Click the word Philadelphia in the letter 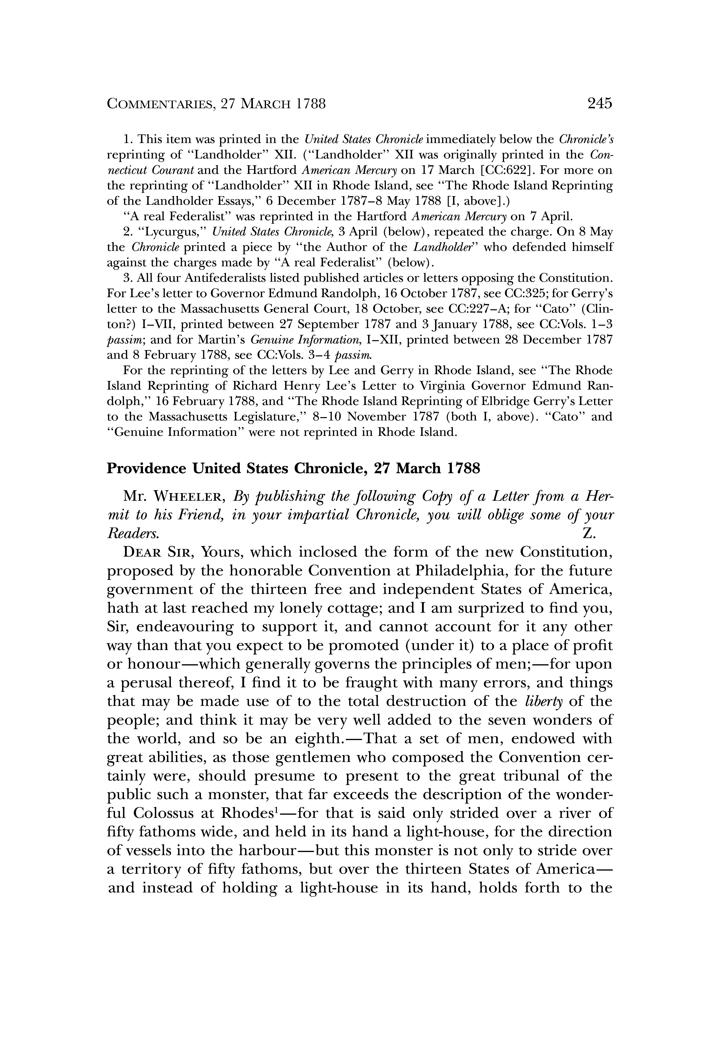[x=460, y=571]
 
